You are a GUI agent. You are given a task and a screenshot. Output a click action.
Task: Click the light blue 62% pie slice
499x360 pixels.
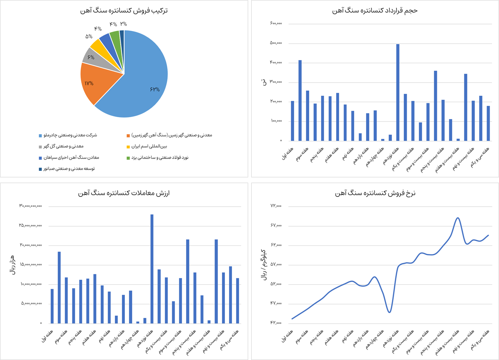[x=144, y=85]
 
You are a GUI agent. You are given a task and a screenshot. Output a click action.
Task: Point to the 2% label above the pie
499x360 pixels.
[x=123, y=24]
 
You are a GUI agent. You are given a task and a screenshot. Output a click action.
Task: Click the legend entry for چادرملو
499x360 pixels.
[x=70, y=135]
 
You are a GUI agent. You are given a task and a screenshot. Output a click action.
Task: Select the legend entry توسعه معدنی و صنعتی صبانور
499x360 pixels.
[x=69, y=169]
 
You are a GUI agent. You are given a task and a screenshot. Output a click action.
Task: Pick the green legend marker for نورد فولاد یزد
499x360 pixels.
[x=128, y=158]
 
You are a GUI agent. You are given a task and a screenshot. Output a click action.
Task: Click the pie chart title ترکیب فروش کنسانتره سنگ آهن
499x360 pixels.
[x=124, y=10]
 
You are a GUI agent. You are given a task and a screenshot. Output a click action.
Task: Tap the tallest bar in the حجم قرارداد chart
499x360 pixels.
[x=398, y=92]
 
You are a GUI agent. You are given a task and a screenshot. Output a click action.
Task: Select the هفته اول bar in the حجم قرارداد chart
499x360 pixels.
[x=293, y=121]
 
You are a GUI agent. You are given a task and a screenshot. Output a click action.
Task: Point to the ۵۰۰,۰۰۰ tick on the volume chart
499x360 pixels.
[x=276, y=43]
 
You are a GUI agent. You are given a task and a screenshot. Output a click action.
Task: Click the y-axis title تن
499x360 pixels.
[x=263, y=82]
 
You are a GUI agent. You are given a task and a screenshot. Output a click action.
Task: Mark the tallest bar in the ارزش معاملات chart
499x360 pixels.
[x=152, y=269]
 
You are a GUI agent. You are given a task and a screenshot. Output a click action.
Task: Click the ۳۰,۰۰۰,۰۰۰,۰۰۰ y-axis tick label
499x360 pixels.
[x=31, y=206]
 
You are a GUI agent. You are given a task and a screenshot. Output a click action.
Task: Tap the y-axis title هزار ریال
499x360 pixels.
[x=12, y=264]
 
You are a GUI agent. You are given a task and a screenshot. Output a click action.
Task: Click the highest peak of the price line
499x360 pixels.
[x=458, y=218]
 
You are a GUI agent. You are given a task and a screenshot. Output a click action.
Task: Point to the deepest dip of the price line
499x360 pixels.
[x=389, y=312]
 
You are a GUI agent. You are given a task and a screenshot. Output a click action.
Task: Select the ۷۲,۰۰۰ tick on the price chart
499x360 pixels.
[x=276, y=206]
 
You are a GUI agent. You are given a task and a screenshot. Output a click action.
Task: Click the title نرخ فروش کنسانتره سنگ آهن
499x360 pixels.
[x=375, y=193]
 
